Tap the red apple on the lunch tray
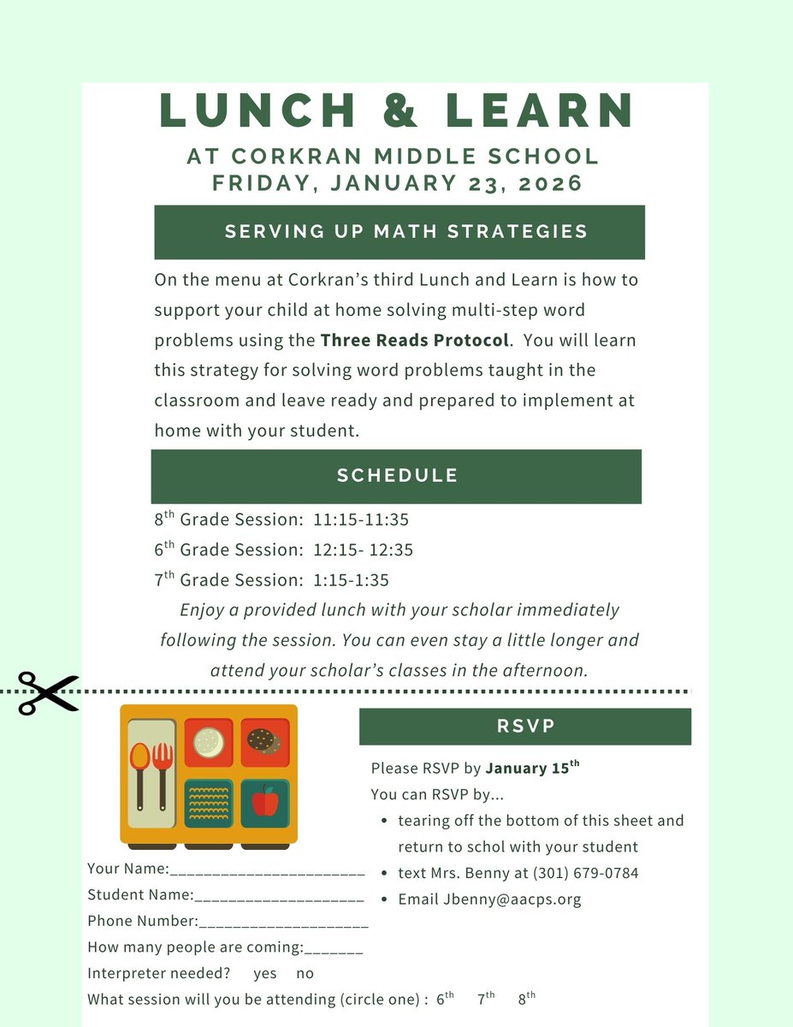[264, 803]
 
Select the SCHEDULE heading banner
[397, 476]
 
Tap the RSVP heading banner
[525, 727]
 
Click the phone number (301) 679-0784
[585, 873]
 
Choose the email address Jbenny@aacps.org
[512, 899]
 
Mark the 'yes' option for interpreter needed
[265, 973]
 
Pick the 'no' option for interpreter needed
[305, 973]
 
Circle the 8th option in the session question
[526, 998]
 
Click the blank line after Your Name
[268, 870]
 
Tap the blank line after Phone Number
[283, 923]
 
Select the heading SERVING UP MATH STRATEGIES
[405, 231]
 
